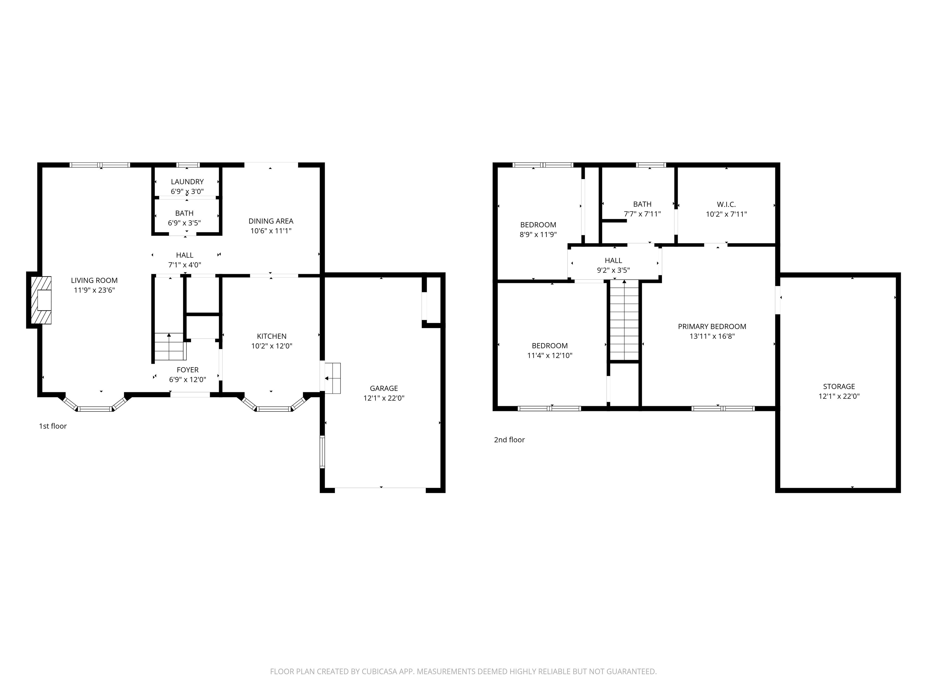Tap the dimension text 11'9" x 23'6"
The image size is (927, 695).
point(94,290)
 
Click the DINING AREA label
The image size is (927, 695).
point(271,221)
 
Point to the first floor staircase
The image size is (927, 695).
point(170,347)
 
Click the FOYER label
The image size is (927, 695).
point(187,370)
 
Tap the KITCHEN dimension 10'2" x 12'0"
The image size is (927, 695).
point(272,346)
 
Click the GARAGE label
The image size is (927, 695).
point(384,388)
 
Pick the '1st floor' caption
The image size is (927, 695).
point(53,426)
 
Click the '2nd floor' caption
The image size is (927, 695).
point(509,440)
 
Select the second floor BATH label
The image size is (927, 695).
point(642,204)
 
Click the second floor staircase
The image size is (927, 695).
point(624,320)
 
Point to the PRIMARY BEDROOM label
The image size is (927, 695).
point(712,326)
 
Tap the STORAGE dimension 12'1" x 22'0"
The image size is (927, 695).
point(839,396)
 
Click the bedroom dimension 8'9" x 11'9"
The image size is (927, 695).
point(538,235)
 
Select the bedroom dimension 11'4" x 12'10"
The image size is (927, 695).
point(550,356)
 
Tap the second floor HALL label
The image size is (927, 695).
point(613,261)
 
